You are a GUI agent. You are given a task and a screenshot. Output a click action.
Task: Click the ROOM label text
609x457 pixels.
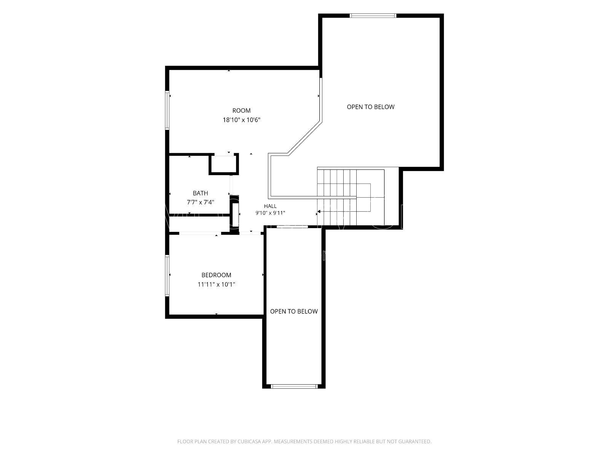[x=241, y=110]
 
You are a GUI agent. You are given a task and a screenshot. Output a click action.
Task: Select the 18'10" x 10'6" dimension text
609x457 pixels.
[x=241, y=120]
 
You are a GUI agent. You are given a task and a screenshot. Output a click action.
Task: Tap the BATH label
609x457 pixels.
[x=200, y=193]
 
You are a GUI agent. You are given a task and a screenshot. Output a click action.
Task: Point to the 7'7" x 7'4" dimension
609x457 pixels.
[x=200, y=202]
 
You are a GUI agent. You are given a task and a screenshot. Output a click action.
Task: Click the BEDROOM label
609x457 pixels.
[x=216, y=275]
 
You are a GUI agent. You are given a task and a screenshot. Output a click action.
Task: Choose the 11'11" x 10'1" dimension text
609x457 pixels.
[x=216, y=284]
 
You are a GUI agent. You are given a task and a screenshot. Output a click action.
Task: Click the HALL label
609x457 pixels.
[x=270, y=206]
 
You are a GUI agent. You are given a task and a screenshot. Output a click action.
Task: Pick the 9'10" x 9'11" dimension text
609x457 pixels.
[x=270, y=213]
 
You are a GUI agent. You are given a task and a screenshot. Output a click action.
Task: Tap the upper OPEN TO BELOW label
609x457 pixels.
[x=370, y=107]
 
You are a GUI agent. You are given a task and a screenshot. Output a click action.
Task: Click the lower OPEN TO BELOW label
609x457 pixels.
[x=294, y=311]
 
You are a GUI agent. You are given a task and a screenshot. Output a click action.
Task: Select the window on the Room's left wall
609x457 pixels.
[x=167, y=110]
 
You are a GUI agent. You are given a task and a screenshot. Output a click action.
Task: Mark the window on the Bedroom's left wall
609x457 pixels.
[x=167, y=276]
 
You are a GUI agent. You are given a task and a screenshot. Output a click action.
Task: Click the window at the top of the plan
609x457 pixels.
[x=373, y=16]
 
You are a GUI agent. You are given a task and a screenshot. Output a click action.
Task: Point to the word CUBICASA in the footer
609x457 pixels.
[x=249, y=441]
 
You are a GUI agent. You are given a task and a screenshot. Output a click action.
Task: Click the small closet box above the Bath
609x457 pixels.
[x=224, y=164]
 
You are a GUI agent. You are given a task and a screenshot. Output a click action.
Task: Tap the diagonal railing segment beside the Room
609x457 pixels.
[x=304, y=138]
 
